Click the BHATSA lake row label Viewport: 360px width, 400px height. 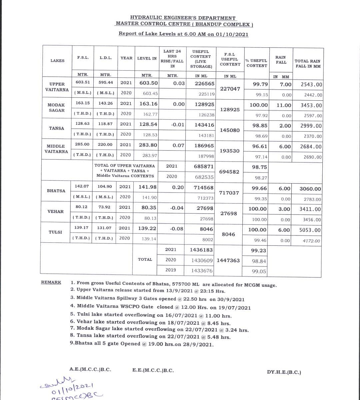pyautogui.click(x=56, y=191)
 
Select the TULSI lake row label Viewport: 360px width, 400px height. pyautogui.click(x=55, y=232)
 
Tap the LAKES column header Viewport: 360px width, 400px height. pyautogui.click(x=57, y=61)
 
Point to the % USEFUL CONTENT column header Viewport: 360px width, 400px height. pyautogui.click(x=256, y=63)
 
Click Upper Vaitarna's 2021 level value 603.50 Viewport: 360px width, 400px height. pyautogui.click(x=149, y=83)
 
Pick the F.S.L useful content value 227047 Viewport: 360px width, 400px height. pyautogui.click(x=230, y=89)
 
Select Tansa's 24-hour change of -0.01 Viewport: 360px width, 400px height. pyautogui.click(x=178, y=125)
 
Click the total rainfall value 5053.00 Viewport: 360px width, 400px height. pyautogui.click(x=310, y=230)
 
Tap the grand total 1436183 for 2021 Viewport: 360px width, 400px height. pyautogui.click(x=201, y=250)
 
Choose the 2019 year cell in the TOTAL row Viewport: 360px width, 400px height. pyautogui.click(x=171, y=270)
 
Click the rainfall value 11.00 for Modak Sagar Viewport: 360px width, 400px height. pyautogui.click(x=284, y=105)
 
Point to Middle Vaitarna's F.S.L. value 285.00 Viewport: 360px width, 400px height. pyautogui.click(x=82, y=144)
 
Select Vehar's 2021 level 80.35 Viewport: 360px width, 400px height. pyautogui.click(x=149, y=207)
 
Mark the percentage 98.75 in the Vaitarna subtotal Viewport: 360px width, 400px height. pyautogui.click(x=259, y=167)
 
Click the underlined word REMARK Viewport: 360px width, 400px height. pyautogui.click(x=51, y=282)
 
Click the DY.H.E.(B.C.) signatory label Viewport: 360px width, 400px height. pyautogui.click(x=284, y=372)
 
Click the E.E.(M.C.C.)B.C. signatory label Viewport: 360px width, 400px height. pyautogui.click(x=153, y=370)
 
